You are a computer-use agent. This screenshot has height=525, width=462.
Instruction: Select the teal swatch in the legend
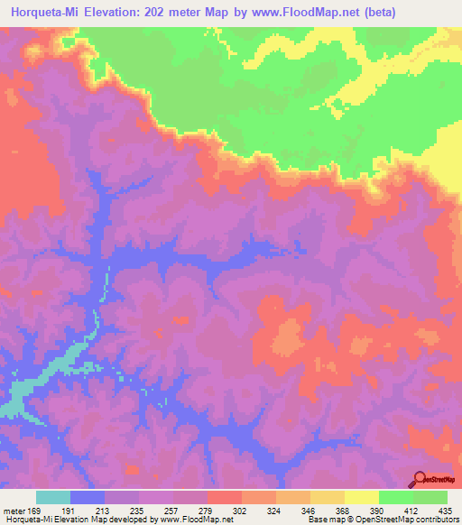[x=53, y=497]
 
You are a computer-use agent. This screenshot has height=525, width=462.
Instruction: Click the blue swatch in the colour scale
[x=88, y=497]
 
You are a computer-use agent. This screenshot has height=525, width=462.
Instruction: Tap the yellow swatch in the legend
[x=362, y=497]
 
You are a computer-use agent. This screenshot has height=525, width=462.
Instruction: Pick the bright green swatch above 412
[x=396, y=497]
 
